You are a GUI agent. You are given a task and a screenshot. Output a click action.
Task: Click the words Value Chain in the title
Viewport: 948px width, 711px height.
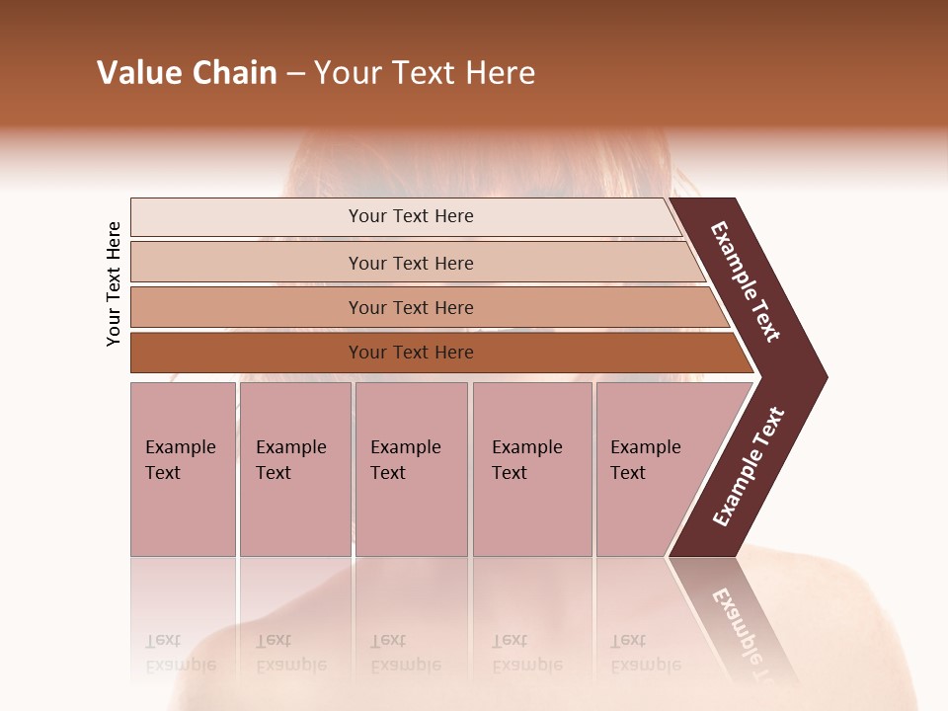187,73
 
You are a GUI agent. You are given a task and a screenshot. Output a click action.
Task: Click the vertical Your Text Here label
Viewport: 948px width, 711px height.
114,283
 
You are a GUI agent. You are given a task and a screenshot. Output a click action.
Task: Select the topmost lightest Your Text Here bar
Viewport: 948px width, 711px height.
410,216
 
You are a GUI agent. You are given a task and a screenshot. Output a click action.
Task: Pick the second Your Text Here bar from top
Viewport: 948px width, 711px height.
410,263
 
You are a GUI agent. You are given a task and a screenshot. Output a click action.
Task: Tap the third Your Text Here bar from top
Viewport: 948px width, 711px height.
410,307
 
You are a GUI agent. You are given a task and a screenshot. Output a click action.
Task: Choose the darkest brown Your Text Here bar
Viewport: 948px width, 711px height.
410,353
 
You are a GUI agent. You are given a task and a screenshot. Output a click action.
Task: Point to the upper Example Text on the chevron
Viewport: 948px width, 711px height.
746,281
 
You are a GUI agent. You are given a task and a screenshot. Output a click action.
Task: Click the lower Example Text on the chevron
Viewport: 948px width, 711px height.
749,467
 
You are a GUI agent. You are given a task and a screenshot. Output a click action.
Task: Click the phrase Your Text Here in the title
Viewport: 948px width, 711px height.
425,73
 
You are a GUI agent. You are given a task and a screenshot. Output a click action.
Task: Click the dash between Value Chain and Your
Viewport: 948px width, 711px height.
295,74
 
